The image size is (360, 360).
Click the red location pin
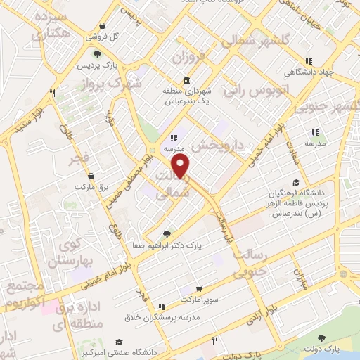[x=181, y=166]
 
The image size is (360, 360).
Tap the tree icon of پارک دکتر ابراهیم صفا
[x=166, y=235]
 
